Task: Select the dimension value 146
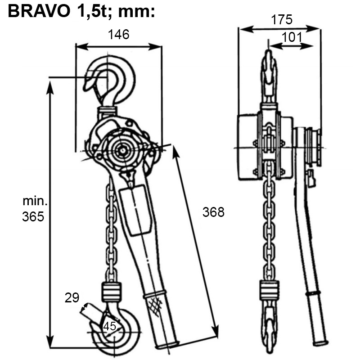click(x=118, y=35)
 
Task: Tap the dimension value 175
click(x=282, y=20)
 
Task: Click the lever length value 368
click(x=213, y=212)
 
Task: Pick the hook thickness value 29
click(x=72, y=297)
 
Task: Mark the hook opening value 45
click(x=110, y=326)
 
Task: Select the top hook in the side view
click(x=268, y=74)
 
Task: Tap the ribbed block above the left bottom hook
click(x=112, y=292)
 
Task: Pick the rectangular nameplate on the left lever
click(x=135, y=211)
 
